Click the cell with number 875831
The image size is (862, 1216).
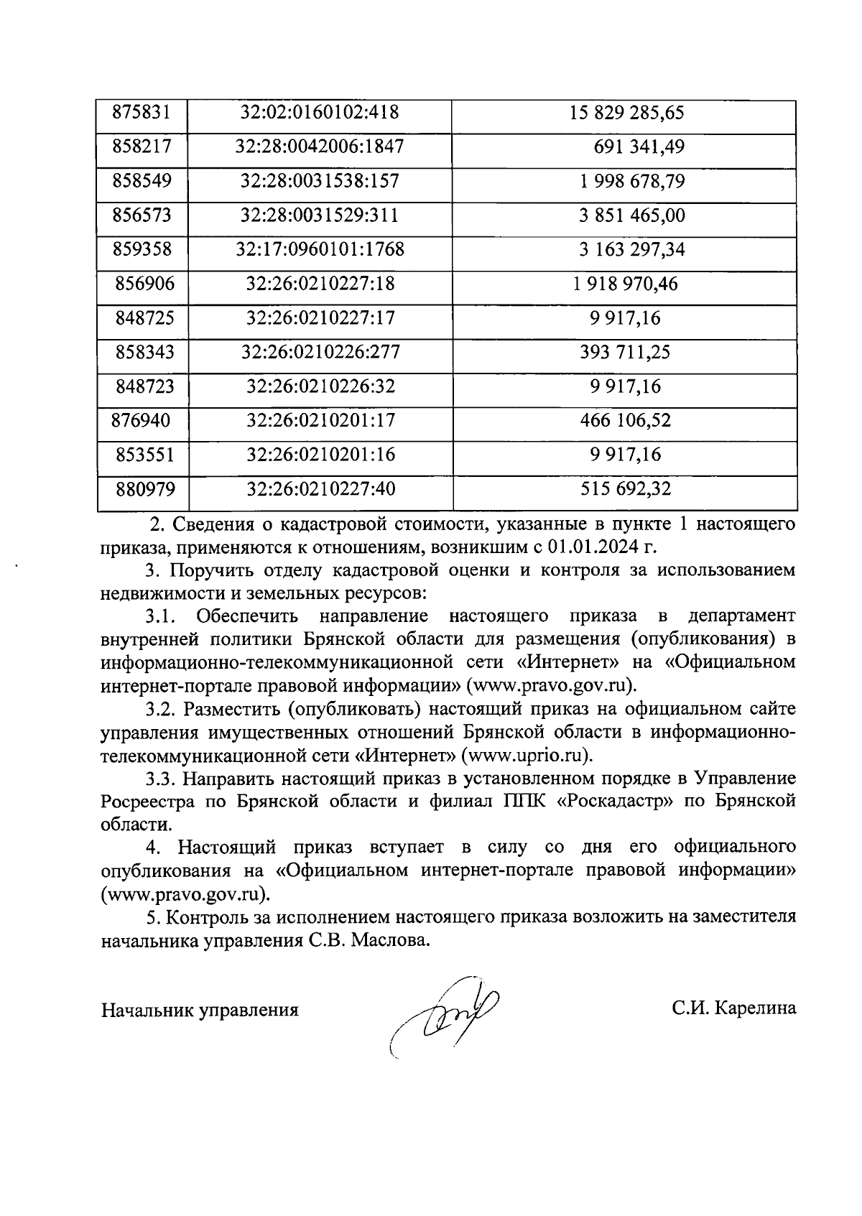[x=142, y=113]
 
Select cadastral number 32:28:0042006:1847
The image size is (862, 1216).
[x=320, y=147]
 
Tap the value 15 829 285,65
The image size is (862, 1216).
[x=626, y=113]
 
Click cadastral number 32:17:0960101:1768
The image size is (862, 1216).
[x=320, y=250]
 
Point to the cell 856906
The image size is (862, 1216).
[x=144, y=284]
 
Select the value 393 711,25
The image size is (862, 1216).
[x=625, y=352]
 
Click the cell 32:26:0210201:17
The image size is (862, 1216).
[x=320, y=420]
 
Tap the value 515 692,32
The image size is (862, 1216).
[x=625, y=489]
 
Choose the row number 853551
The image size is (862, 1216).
[x=144, y=455]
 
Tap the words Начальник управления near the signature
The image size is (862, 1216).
[x=200, y=1011]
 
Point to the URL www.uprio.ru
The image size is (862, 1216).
[x=528, y=756]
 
